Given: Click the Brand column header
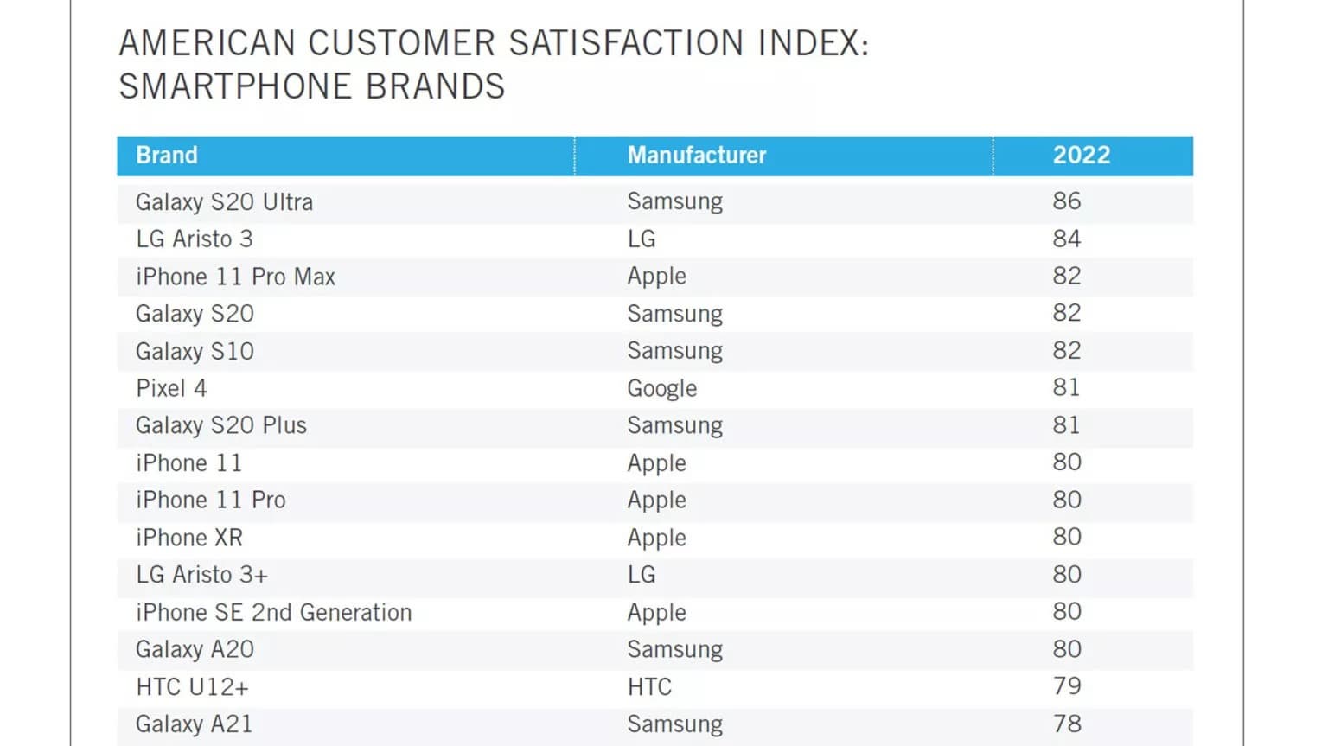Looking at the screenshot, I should click(x=167, y=156).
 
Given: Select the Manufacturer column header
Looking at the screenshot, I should click(x=697, y=156).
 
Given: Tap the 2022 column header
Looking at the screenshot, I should click(x=1081, y=156).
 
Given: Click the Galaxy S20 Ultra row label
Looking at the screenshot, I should click(x=224, y=202).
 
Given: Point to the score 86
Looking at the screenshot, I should click(x=1067, y=201).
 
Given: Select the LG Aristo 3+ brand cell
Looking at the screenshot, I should click(x=202, y=575).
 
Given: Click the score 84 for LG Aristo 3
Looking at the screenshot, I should click(x=1067, y=239).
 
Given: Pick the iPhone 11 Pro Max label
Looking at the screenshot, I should click(x=235, y=277).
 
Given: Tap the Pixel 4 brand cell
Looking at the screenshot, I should click(x=171, y=388).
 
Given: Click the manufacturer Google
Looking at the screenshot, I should click(x=661, y=389).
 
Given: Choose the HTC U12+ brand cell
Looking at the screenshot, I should click(x=192, y=687).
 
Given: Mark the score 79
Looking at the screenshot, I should click(x=1067, y=686).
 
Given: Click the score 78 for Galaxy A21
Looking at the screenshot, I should click(x=1067, y=724).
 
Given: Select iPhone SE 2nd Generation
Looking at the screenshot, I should click(x=273, y=613).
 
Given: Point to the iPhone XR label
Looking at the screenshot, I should click(x=189, y=538).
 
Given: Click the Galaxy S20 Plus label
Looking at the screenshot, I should click(x=221, y=425).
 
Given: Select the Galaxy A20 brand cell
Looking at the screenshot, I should click(x=195, y=649).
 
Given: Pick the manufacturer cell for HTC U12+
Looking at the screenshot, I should click(x=649, y=687).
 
